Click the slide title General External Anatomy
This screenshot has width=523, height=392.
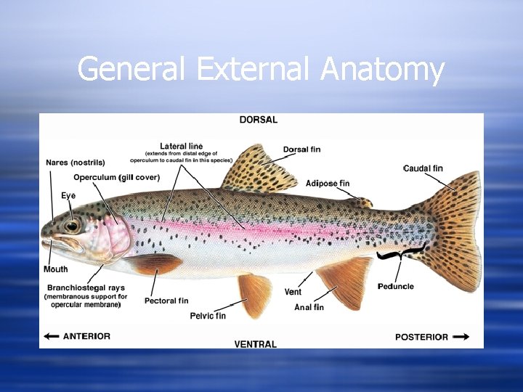[261, 70]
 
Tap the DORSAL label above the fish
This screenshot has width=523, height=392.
[259, 120]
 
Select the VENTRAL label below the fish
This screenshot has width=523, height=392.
[256, 343]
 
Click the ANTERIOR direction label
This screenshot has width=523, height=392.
[86, 336]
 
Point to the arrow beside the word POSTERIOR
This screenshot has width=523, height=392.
[461, 337]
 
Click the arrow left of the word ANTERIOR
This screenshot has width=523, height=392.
[52, 336]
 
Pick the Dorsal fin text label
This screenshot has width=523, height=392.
[301, 150]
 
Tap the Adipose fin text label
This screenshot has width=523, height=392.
[328, 183]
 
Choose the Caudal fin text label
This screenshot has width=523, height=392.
[423, 168]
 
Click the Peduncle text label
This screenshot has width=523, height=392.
[396, 286]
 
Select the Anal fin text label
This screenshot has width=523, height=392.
[309, 307]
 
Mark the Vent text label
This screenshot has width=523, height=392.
[293, 292]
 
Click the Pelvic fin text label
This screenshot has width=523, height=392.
[208, 316]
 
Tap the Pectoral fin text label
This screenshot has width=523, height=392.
[166, 301]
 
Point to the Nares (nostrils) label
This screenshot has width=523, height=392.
[76, 162]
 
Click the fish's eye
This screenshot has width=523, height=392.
[72, 226]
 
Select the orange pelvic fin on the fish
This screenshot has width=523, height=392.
[255, 294]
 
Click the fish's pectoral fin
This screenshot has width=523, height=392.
[156, 264]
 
